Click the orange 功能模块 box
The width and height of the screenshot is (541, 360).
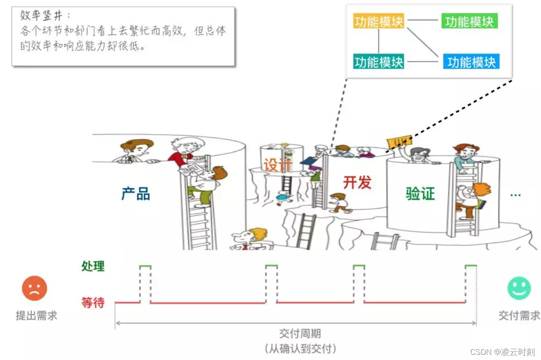(x=378, y=22)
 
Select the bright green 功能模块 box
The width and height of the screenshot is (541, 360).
(x=469, y=22)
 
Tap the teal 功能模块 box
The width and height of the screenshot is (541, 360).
(x=378, y=62)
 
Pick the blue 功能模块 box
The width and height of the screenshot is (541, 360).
(x=471, y=62)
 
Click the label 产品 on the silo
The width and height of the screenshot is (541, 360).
(x=135, y=194)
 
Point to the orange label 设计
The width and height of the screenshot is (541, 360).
(x=277, y=165)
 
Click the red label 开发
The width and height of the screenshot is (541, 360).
(x=357, y=182)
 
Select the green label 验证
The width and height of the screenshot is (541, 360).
(x=420, y=194)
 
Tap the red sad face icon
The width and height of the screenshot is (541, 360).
(x=35, y=288)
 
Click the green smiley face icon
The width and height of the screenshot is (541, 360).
(x=519, y=288)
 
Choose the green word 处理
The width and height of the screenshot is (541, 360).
(x=93, y=266)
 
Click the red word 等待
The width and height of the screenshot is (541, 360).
(x=93, y=303)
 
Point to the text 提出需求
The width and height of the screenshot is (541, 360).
(x=36, y=316)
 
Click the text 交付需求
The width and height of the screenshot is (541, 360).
(x=519, y=316)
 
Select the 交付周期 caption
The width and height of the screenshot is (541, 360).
(x=300, y=334)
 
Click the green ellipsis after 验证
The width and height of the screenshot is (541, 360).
(x=515, y=195)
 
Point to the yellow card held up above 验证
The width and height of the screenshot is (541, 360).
(x=398, y=142)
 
